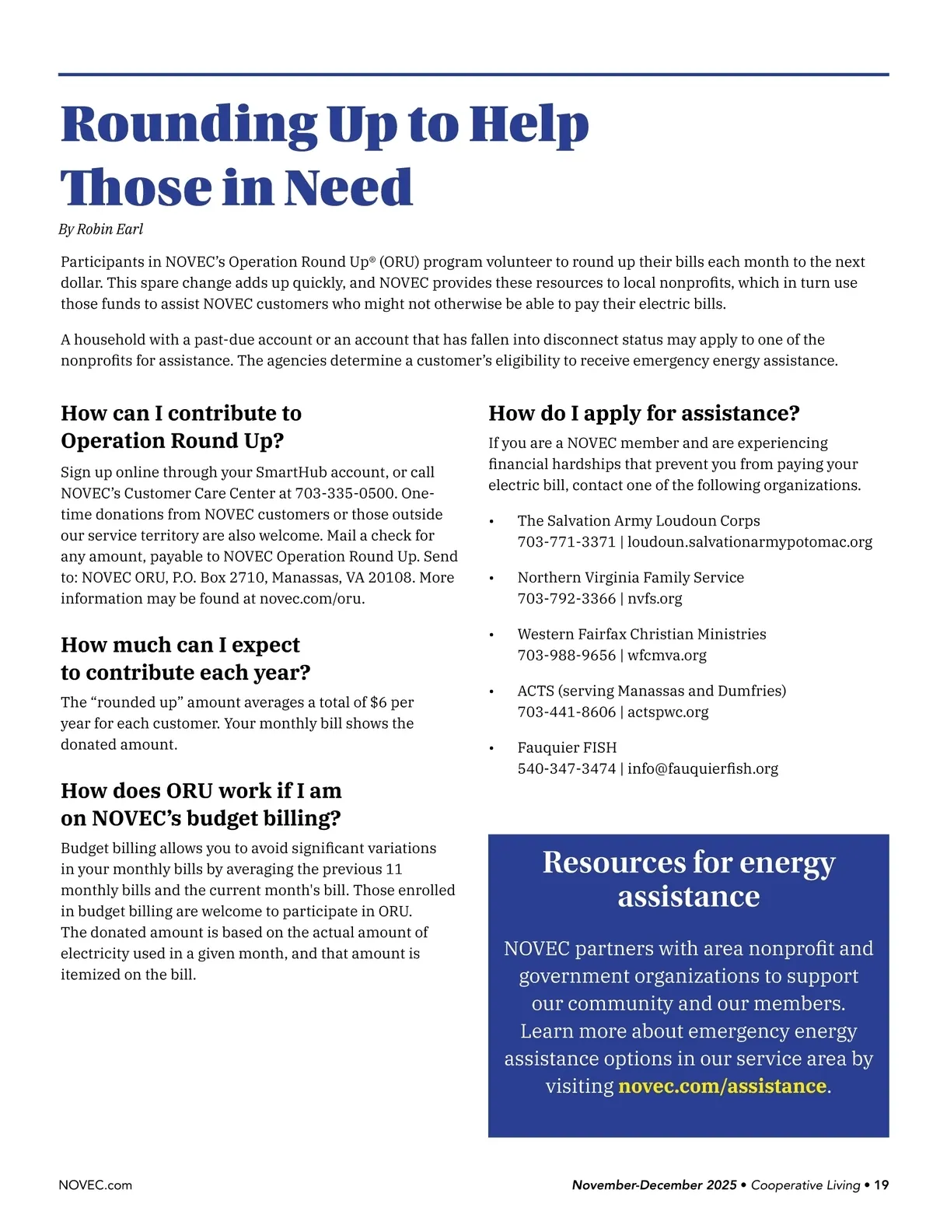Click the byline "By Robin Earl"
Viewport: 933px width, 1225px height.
click(101, 229)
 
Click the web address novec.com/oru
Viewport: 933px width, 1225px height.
click(312, 598)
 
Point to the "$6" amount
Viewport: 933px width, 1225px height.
click(378, 702)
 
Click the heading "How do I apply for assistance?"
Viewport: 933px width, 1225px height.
click(644, 413)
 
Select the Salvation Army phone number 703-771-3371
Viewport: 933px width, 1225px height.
click(566, 541)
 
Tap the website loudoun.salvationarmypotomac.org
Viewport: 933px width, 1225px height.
click(750, 541)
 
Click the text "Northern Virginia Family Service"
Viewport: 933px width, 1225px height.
click(631, 577)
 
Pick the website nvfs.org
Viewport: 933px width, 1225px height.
click(655, 598)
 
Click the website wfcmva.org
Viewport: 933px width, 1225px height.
click(667, 655)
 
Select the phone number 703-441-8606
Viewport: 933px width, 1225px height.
click(566, 712)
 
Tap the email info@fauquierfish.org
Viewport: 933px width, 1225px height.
click(703, 768)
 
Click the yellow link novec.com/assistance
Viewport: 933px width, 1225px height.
click(722, 1086)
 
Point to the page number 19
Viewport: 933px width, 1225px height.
click(881, 1185)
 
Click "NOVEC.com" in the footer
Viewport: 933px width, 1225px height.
click(96, 1185)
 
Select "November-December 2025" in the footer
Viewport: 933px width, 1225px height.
click(654, 1185)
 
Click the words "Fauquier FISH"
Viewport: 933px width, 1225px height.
click(567, 747)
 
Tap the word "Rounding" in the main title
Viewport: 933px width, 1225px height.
click(189, 124)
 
